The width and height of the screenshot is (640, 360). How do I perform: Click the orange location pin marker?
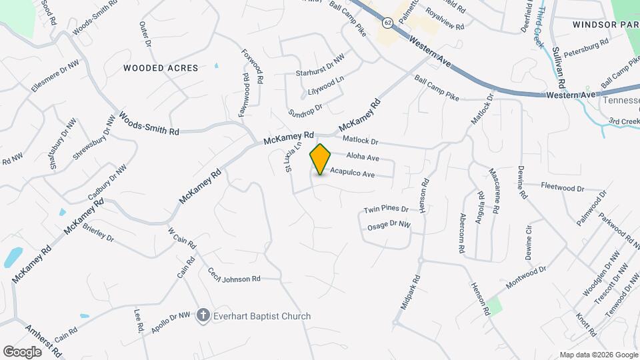[321, 159]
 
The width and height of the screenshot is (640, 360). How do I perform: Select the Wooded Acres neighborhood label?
[161, 68]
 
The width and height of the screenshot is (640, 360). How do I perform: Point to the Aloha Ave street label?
[363, 158]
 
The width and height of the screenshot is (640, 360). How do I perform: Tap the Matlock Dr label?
[360, 141]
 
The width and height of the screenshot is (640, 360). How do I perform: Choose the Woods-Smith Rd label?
[149, 123]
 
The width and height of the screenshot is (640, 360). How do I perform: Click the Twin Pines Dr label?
[385, 209]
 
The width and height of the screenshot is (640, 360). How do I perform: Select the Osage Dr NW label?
[388, 226]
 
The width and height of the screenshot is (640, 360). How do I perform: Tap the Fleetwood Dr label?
[562, 187]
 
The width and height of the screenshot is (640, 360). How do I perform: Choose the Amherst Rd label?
[44, 340]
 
